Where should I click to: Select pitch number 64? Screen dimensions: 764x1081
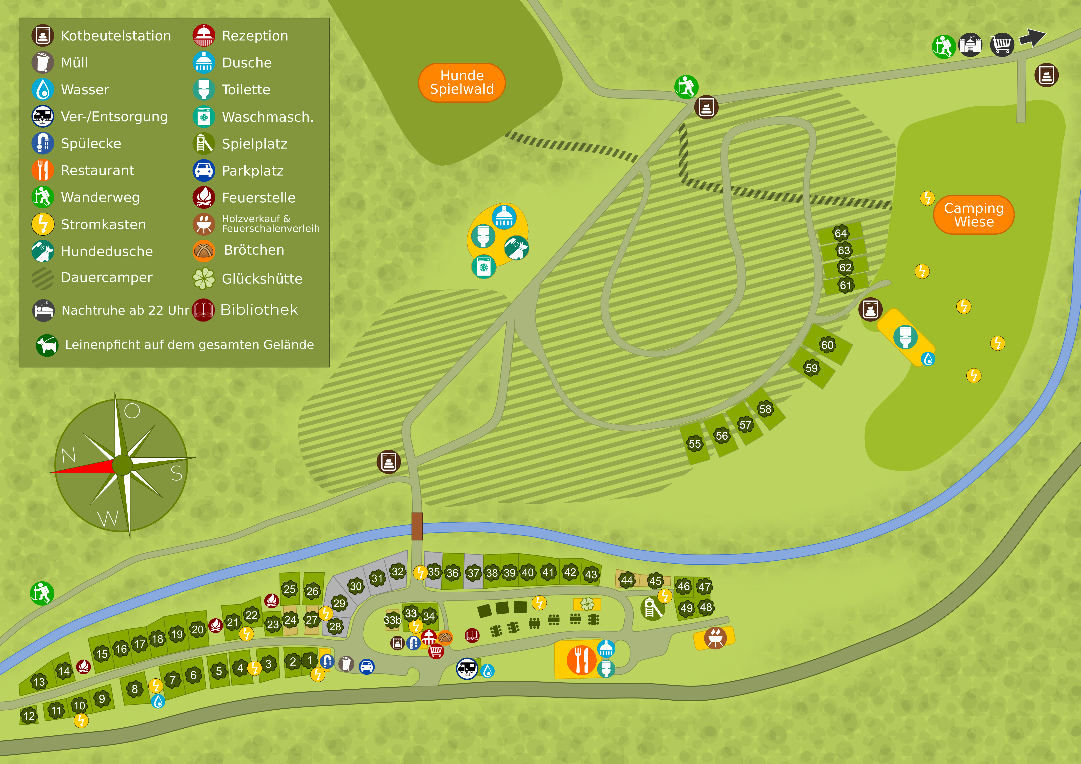(x=841, y=233)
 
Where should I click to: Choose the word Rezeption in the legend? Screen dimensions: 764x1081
(x=255, y=36)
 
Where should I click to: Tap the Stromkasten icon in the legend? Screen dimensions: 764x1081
(x=43, y=224)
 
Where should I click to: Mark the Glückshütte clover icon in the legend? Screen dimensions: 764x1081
(x=204, y=278)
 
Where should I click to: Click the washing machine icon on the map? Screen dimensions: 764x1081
(x=483, y=267)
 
